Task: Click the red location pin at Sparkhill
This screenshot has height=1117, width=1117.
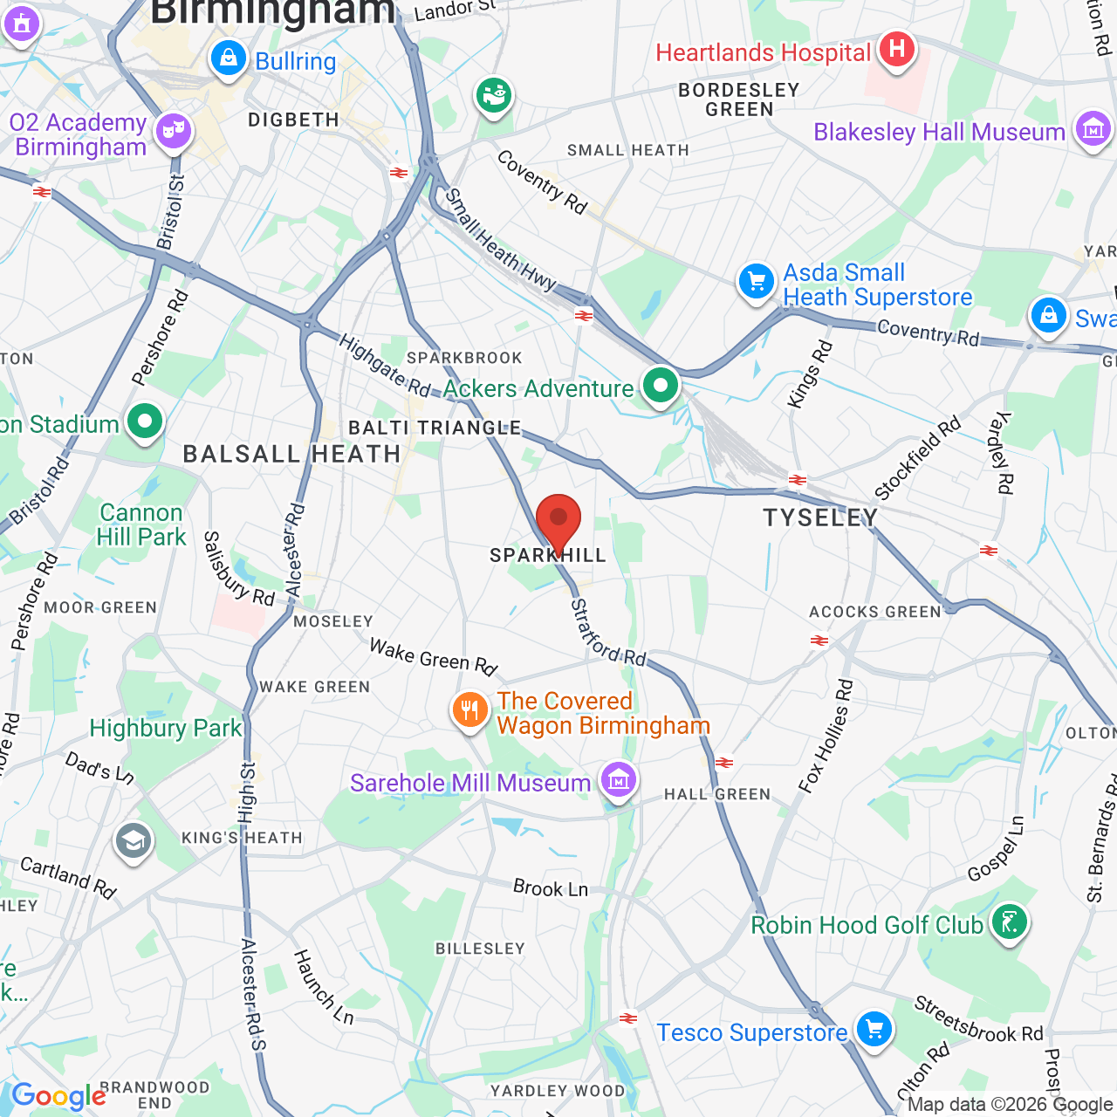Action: click(558, 522)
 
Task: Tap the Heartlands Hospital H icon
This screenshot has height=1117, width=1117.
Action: click(896, 49)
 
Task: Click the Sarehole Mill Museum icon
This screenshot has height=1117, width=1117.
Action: click(618, 779)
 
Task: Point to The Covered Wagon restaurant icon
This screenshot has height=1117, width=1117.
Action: click(469, 709)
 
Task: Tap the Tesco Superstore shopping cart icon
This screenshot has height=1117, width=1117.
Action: click(874, 1030)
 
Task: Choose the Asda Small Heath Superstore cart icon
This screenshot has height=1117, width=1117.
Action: click(756, 282)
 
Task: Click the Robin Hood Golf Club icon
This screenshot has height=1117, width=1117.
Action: click(1009, 922)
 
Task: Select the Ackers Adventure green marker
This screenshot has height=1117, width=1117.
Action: click(661, 385)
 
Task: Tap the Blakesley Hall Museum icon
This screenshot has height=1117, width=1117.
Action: click(1093, 129)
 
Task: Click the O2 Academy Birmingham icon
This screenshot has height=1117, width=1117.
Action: click(173, 132)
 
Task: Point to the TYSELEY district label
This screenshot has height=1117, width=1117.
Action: click(820, 518)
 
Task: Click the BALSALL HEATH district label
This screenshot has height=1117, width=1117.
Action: click(291, 454)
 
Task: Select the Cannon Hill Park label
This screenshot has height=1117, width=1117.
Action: click(141, 524)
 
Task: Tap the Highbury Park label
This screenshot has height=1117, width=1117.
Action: click(166, 728)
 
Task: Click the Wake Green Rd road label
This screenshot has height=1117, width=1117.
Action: click(433, 657)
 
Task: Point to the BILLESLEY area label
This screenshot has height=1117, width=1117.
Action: click(480, 949)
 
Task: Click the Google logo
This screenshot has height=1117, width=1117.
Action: click(58, 1096)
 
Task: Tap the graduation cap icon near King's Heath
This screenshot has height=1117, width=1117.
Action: click(133, 842)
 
